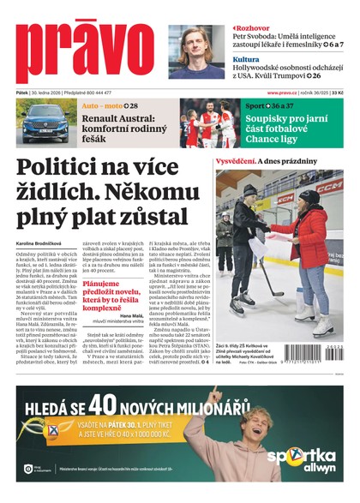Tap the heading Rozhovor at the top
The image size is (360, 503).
pyautogui.click(x=254, y=27)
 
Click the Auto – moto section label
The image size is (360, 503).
pyautogui.click(x=101, y=105)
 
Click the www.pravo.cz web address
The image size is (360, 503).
pyautogui.click(x=281, y=93)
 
